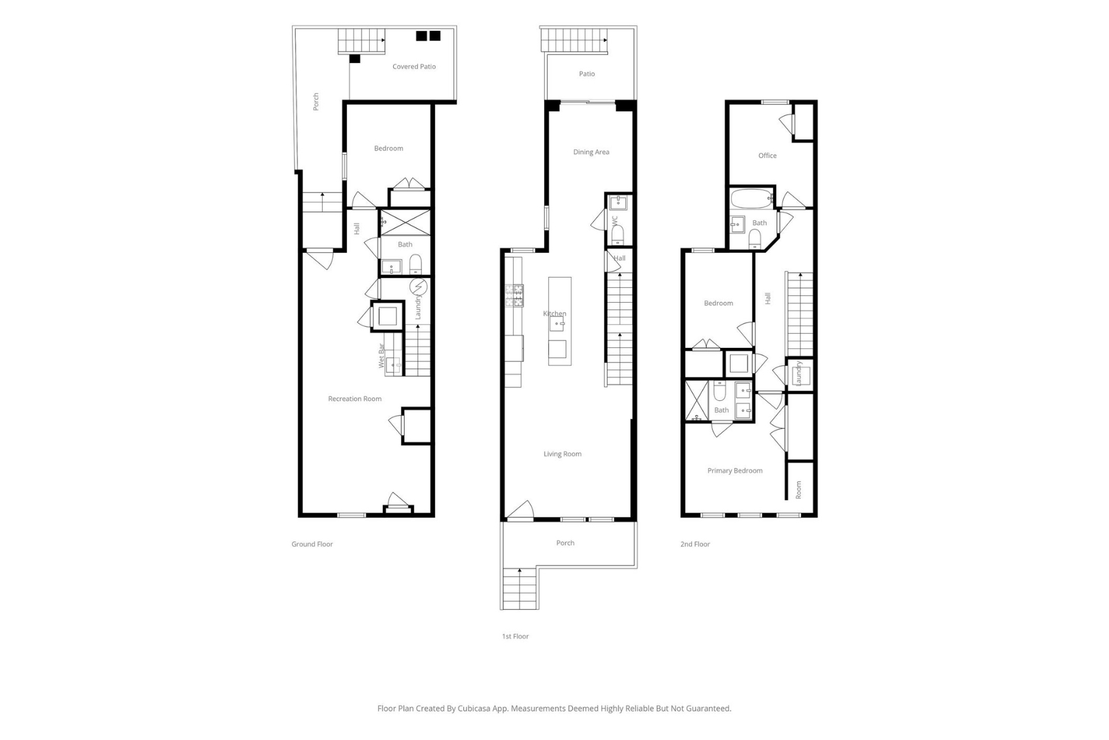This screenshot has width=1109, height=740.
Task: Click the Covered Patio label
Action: click(414, 67)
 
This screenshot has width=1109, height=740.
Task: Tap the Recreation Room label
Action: click(355, 399)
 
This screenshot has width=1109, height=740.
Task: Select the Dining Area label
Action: click(591, 152)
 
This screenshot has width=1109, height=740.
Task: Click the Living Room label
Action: click(563, 454)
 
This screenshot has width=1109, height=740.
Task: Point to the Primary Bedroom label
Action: click(735, 471)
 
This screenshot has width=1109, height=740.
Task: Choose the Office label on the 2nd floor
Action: click(768, 156)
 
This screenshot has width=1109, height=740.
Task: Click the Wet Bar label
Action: click(381, 356)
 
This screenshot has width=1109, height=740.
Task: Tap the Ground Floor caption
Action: click(312, 545)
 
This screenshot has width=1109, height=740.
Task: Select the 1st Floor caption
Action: click(516, 636)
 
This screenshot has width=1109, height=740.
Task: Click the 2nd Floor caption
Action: click(696, 545)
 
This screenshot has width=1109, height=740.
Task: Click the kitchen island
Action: click(560, 321)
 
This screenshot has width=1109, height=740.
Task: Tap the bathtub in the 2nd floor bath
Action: click(751, 199)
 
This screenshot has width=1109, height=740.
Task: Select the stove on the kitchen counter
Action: click(514, 296)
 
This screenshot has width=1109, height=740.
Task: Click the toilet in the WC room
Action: click(618, 235)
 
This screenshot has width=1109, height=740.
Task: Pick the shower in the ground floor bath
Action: click(405, 223)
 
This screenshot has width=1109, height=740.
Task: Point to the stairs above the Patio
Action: click(574, 40)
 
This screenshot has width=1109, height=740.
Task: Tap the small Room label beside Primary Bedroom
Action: click(799, 490)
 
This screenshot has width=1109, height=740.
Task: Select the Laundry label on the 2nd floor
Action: click(798, 373)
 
